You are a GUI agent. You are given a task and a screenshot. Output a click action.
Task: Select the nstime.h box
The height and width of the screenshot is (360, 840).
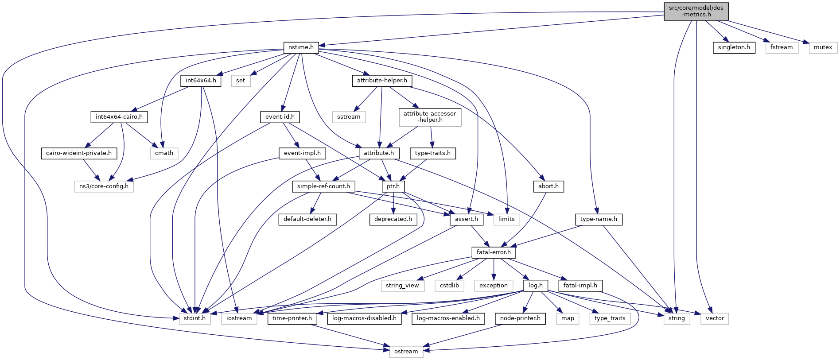(x=301, y=47)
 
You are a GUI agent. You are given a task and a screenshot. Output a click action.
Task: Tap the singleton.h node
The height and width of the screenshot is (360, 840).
(x=734, y=47)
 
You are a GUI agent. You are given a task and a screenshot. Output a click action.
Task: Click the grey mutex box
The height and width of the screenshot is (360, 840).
(x=823, y=47)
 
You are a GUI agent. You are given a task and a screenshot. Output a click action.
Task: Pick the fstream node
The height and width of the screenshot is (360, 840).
(x=781, y=47)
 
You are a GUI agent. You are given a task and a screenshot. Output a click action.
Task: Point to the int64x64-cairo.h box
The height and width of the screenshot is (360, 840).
(x=119, y=117)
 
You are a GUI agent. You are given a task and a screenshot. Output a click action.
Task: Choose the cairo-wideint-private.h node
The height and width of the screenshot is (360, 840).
(x=79, y=153)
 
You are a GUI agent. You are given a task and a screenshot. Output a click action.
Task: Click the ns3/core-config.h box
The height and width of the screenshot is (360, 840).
(x=104, y=186)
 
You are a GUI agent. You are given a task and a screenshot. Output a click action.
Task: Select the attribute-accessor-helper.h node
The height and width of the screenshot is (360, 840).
(x=429, y=117)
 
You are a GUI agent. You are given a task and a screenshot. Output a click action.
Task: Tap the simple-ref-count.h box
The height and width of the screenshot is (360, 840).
(x=323, y=186)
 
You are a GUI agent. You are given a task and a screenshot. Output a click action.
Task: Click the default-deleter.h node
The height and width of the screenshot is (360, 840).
(x=307, y=219)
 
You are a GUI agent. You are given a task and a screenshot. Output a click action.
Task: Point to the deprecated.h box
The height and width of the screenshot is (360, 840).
(x=393, y=219)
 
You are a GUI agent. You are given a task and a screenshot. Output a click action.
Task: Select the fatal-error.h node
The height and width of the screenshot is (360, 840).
(x=494, y=252)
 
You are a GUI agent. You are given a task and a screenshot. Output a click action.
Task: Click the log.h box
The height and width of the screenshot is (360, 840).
(x=536, y=286)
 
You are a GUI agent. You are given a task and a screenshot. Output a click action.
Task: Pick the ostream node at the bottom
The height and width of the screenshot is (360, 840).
(x=406, y=352)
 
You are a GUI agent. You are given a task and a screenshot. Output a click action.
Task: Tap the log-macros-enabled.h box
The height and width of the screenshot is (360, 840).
(x=448, y=318)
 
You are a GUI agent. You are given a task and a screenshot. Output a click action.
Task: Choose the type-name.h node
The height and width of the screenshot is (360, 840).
(x=599, y=219)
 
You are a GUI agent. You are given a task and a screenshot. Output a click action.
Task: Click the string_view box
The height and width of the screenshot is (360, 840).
(x=402, y=286)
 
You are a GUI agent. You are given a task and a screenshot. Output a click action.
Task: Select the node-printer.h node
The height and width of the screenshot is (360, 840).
(x=520, y=318)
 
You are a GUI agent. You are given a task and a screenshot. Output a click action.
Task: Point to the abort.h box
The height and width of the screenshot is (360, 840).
(x=548, y=186)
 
